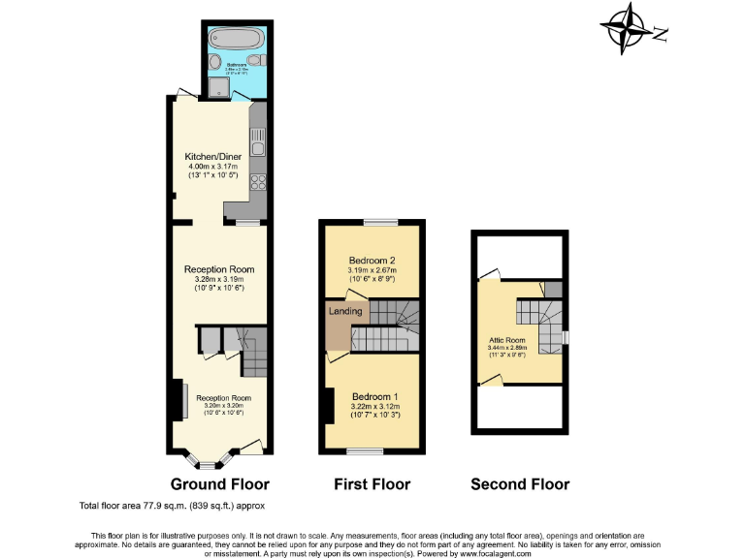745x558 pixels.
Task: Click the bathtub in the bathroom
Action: [x=236, y=41]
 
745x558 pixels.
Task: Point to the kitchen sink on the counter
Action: [x=258, y=146]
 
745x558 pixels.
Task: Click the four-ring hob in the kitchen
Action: [x=258, y=181]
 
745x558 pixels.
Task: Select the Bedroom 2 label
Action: [x=372, y=260]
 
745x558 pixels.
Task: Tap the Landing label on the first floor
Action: [x=345, y=311]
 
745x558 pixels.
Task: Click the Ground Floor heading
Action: [x=219, y=484]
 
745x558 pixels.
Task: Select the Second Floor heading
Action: [x=520, y=484]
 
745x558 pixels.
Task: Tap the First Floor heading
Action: [x=372, y=484]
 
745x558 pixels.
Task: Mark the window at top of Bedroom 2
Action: [x=379, y=224]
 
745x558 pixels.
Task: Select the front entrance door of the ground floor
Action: [x=251, y=447]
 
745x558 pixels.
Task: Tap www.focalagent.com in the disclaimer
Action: [x=491, y=552]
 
